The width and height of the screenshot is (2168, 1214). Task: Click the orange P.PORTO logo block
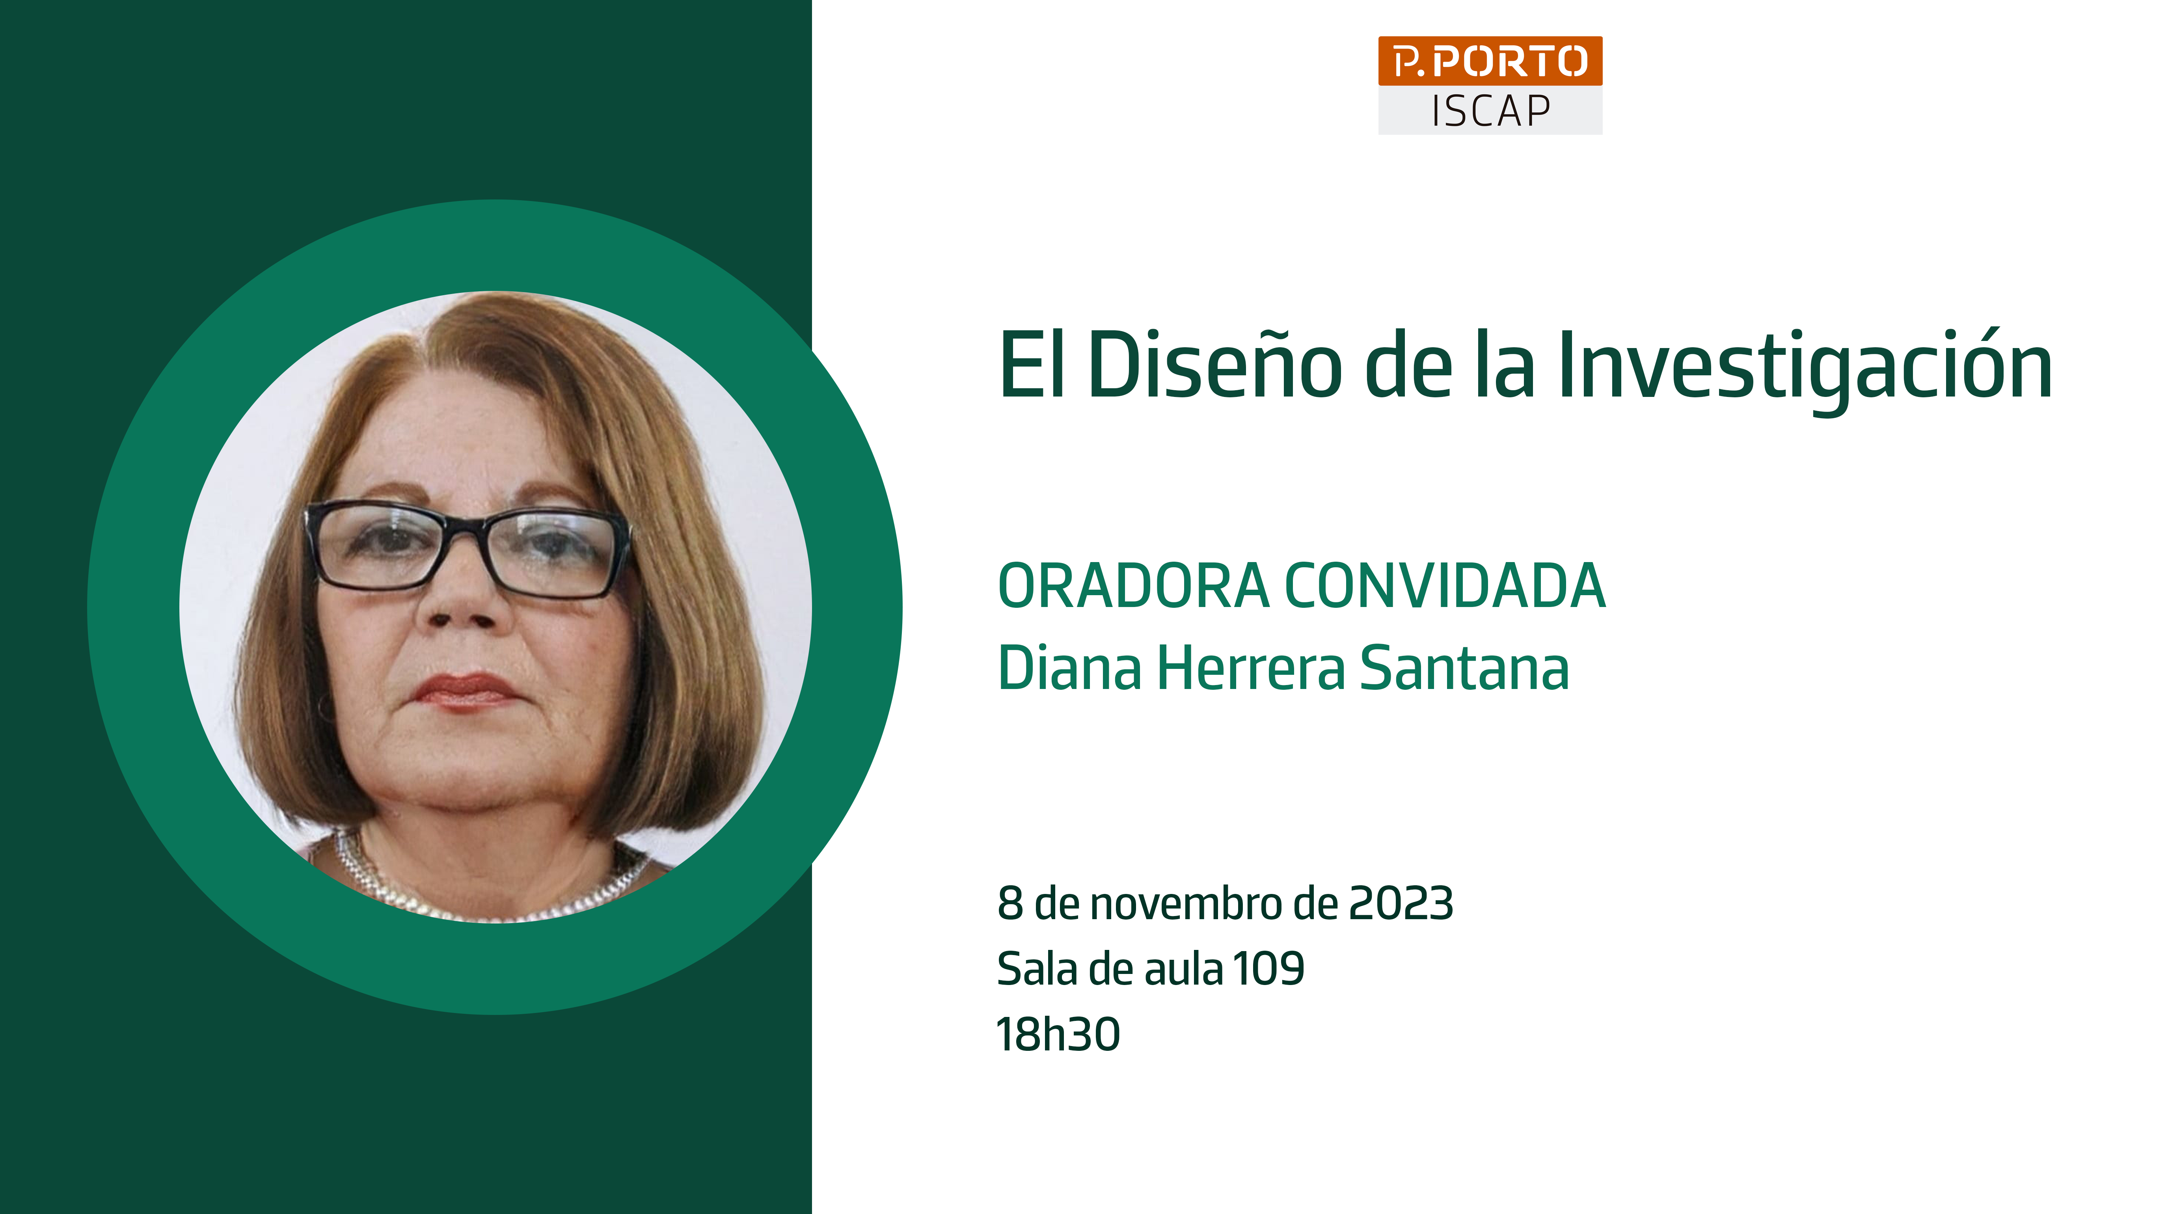point(1490,61)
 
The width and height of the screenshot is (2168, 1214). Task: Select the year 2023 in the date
point(1401,903)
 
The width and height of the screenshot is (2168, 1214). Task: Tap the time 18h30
point(1058,1034)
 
